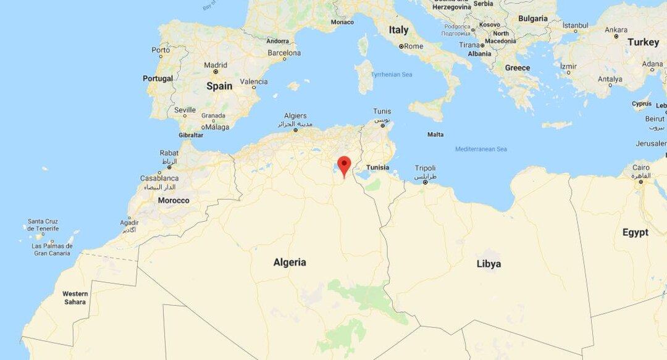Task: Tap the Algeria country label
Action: click(290, 262)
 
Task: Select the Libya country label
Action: click(489, 264)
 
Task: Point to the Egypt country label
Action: click(635, 232)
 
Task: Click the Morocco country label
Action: click(174, 201)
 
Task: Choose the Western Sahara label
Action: click(75, 298)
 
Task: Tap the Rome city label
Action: click(413, 46)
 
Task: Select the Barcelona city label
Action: click(284, 54)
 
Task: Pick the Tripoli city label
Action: click(425, 168)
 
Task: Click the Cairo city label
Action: click(640, 167)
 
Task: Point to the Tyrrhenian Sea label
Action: click(391, 75)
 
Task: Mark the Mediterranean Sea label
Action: click(481, 149)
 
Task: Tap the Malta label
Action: click(435, 135)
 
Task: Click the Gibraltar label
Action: click(191, 135)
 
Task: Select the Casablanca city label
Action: click(160, 178)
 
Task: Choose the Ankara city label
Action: click(616, 29)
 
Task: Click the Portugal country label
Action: click(158, 78)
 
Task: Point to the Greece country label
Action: click(518, 68)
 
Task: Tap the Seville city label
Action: click(185, 110)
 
